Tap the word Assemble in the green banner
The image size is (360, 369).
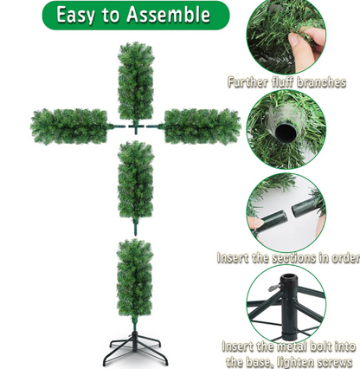pos(169,14)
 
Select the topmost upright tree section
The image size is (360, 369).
pos(136,82)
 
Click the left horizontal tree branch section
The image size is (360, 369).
pos(68,126)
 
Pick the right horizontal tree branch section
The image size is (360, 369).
pos(202,126)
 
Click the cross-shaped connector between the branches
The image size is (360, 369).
pos(135,127)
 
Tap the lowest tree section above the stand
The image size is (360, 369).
pos(134,279)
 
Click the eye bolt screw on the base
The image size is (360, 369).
pos(275,288)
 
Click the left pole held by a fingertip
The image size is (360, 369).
pos(269,222)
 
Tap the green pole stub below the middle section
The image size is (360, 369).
pos(135,227)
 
